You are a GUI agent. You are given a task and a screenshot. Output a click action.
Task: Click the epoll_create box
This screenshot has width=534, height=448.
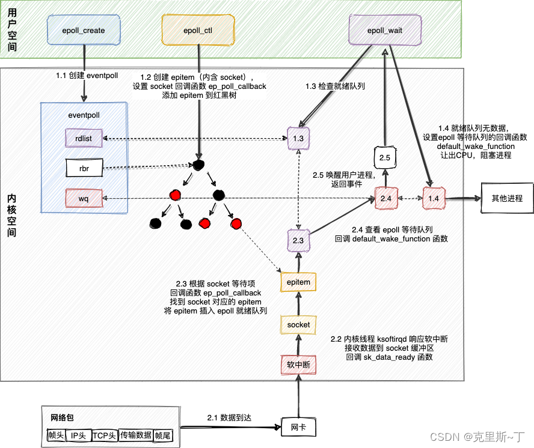click(x=84, y=30)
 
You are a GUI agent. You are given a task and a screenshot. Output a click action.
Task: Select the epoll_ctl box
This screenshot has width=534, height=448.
click(x=198, y=30)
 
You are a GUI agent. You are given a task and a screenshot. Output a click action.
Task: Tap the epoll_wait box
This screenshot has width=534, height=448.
click(x=385, y=30)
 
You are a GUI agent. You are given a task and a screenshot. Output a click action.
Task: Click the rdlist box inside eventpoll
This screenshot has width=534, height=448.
click(x=84, y=138)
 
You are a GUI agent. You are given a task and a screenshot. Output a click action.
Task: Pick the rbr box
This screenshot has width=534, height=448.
click(x=84, y=168)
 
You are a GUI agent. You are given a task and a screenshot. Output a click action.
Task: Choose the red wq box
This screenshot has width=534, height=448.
click(x=84, y=198)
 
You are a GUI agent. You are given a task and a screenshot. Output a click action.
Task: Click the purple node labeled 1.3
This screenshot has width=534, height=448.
click(x=298, y=138)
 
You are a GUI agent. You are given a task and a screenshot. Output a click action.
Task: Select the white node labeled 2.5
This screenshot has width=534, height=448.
click(x=385, y=157)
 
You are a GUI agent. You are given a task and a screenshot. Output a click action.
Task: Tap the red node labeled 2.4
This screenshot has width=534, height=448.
click(x=386, y=198)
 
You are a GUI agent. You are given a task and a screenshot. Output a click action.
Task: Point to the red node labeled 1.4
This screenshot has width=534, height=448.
click(x=434, y=198)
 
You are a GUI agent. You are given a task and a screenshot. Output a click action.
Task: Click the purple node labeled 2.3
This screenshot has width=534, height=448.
click(x=298, y=240)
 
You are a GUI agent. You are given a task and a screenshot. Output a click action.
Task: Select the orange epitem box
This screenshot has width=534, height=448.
click(x=298, y=282)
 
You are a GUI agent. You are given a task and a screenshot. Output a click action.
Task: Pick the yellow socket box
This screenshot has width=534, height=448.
click(x=298, y=324)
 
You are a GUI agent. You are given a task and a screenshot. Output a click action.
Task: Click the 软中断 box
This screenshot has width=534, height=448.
click(x=298, y=365)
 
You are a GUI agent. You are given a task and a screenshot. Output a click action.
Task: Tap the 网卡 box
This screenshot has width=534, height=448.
click(x=298, y=427)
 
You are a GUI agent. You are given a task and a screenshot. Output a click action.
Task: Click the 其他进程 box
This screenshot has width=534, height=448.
click(x=507, y=198)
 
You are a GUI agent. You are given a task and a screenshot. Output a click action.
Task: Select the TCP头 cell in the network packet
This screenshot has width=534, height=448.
click(x=105, y=435)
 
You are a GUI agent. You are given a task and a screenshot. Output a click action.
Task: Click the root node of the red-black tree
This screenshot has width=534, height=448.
click(x=198, y=165)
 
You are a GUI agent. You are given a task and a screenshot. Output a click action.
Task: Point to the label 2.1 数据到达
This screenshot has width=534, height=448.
click(x=229, y=417)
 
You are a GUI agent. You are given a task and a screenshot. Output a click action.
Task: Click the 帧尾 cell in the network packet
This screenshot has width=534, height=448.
click(x=163, y=435)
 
